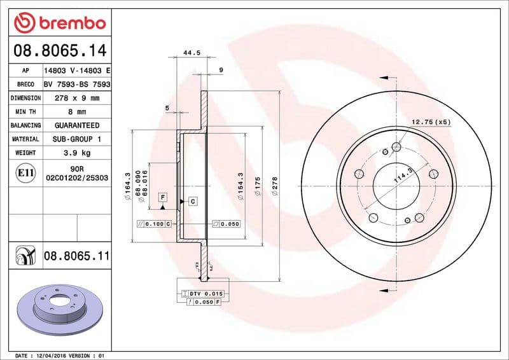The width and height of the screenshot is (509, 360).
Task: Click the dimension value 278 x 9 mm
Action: [x=77, y=98]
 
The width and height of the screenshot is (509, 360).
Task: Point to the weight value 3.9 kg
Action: [x=77, y=153]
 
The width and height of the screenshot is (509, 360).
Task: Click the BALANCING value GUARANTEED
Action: [x=77, y=125]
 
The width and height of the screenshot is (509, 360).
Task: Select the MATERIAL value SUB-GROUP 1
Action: [x=77, y=139]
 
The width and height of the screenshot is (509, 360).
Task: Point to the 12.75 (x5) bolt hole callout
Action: [x=431, y=121]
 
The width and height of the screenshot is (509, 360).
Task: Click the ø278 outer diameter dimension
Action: [x=274, y=186]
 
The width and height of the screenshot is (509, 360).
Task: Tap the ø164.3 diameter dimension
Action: [x=128, y=186]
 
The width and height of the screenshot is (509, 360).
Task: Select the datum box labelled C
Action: [x=192, y=201]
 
